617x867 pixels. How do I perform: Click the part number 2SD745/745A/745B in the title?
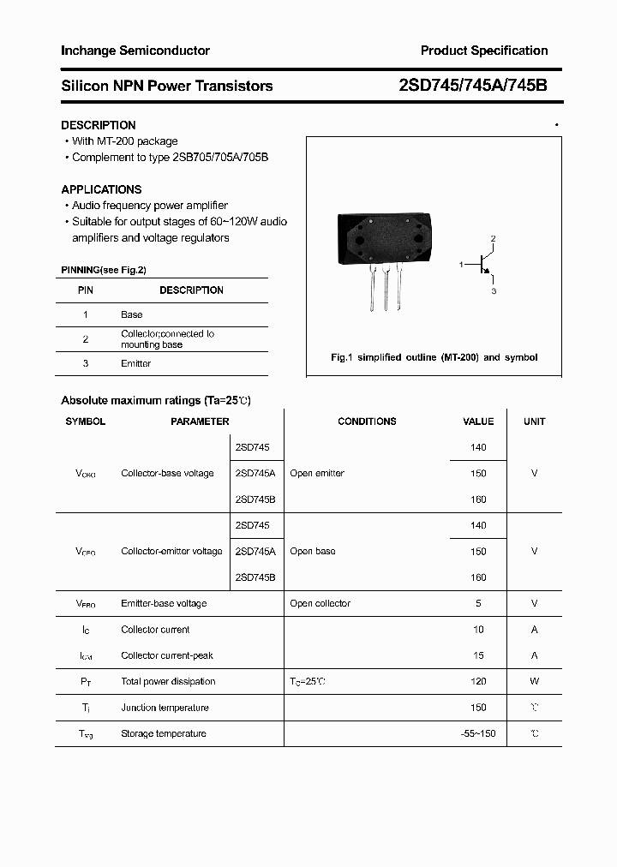(473, 86)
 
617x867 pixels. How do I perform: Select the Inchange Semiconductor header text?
(135, 51)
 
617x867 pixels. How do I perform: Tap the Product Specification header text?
(484, 51)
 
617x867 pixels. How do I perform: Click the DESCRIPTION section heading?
(99, 125)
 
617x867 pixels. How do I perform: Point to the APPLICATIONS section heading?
(101, 189)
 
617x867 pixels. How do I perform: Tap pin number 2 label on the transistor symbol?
(493, 238)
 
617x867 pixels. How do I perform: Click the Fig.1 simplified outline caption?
(434, 357)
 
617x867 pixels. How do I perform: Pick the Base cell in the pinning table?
(132, 315)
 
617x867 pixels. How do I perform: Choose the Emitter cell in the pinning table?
(135, 363)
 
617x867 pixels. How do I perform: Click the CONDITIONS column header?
(367, 422)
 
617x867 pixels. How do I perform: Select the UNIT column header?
(534, 422)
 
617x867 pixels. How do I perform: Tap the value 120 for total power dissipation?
(478, 681)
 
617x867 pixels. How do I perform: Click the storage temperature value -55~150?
(478, 733)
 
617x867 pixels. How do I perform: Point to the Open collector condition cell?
(320, 603)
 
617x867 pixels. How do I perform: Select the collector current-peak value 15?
(478, 655)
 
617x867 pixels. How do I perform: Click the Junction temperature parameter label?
(165, 708)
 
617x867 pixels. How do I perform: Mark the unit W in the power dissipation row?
(534, 681)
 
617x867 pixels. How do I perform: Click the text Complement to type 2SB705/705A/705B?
(171, 158)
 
